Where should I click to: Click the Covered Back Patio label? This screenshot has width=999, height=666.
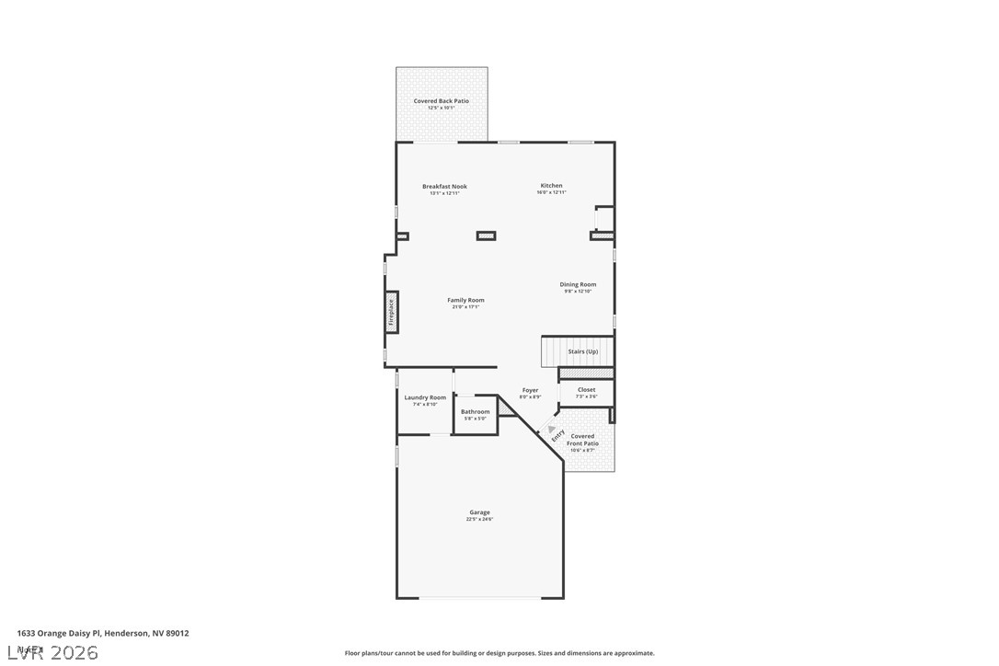441,101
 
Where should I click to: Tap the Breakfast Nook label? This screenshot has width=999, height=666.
444,187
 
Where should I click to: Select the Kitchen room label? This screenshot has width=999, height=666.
551,186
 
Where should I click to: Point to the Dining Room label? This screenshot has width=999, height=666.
578,284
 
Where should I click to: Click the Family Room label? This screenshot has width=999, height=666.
465,300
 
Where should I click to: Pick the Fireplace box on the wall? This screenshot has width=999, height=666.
391,313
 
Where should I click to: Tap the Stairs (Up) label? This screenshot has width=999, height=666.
582,351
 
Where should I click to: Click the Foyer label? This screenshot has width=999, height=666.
530,390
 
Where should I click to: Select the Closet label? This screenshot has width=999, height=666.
586,390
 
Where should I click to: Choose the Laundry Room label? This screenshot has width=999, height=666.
425,397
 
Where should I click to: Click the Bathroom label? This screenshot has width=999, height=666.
476,411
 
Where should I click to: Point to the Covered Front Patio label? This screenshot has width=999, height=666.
582,440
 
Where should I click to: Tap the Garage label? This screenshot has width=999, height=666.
479,512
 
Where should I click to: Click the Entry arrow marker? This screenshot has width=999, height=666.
553,430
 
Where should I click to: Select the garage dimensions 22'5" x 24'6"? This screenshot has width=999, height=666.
479,520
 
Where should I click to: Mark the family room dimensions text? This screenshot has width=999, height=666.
465,307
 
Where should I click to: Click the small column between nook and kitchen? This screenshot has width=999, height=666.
486,236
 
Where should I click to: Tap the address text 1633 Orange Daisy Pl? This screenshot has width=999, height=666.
103,633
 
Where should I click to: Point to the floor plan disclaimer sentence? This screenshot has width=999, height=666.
499,653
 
